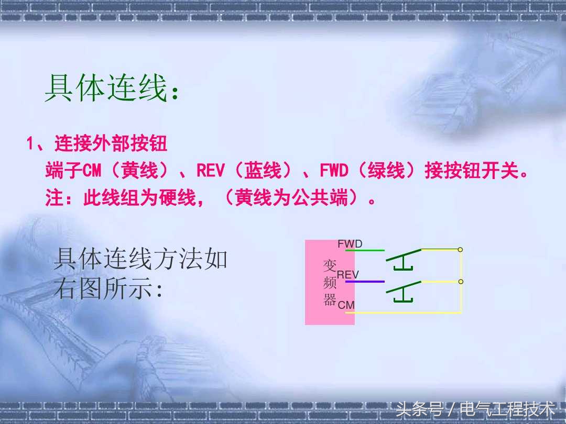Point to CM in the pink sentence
(93, 171)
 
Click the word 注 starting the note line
(54, 199)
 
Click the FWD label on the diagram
(350, 244)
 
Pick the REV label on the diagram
(348, 274)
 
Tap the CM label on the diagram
(346, 305)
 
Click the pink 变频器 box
(329, 283)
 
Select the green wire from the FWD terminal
(365, 250)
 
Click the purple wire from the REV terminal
(365, 282)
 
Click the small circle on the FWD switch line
(460, 250)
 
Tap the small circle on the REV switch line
(461, 282)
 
